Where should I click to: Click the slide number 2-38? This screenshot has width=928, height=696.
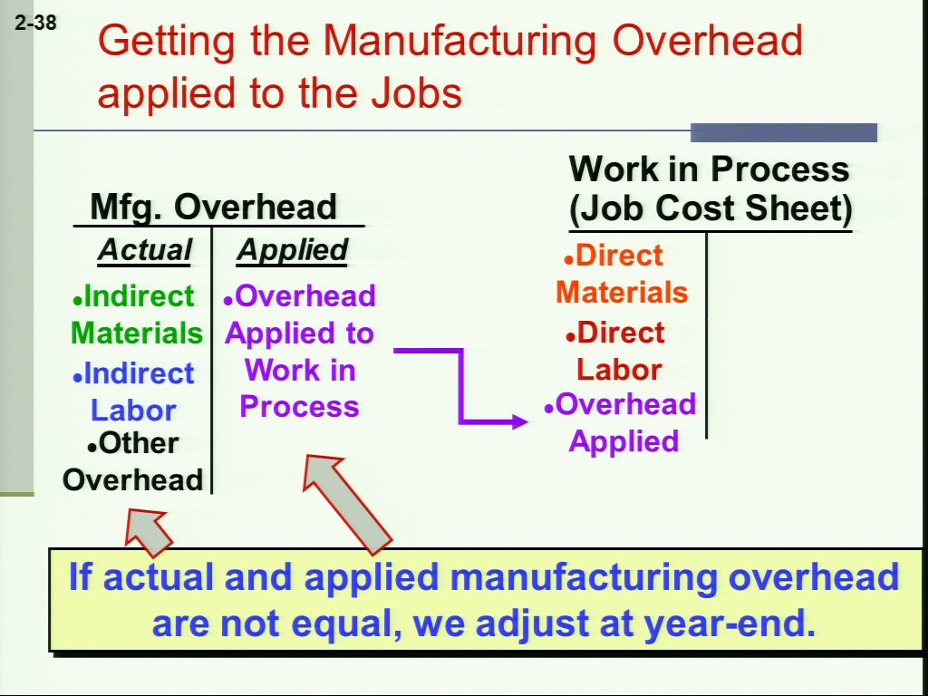36,23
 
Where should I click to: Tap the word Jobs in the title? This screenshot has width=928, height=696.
417,93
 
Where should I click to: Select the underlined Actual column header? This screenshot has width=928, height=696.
145,250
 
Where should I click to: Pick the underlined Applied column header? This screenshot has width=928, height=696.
293,250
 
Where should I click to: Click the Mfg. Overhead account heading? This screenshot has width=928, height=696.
213,207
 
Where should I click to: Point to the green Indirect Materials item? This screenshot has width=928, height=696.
137,314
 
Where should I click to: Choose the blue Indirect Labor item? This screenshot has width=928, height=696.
133,391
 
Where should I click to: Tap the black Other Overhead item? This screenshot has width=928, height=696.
132,461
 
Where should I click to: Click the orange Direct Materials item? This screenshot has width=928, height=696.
622,274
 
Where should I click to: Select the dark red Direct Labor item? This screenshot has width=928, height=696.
615,351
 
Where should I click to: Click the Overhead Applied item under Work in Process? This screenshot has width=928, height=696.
620,422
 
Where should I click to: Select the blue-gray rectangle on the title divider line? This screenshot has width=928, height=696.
784,132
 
